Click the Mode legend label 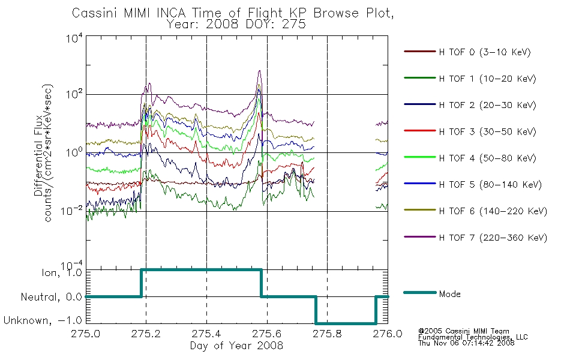[449, 294]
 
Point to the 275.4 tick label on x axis [206, 334]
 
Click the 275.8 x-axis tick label [327, 334]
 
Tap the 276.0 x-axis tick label [388, 334]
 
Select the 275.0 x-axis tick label [86, 334]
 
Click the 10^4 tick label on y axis [75, 38]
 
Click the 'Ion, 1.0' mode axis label [62, 272]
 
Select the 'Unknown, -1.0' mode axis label [43, 320]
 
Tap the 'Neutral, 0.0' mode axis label [51, 297]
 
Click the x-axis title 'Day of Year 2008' [236, 346]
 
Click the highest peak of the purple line [259, 71]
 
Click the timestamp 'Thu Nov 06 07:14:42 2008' [466, 343]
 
